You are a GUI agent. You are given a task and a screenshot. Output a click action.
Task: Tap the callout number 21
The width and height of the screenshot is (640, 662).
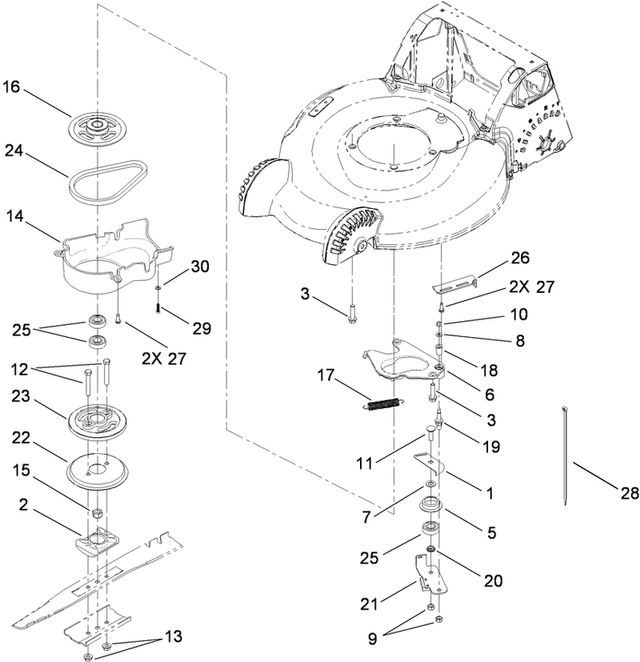tap(395, 600)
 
